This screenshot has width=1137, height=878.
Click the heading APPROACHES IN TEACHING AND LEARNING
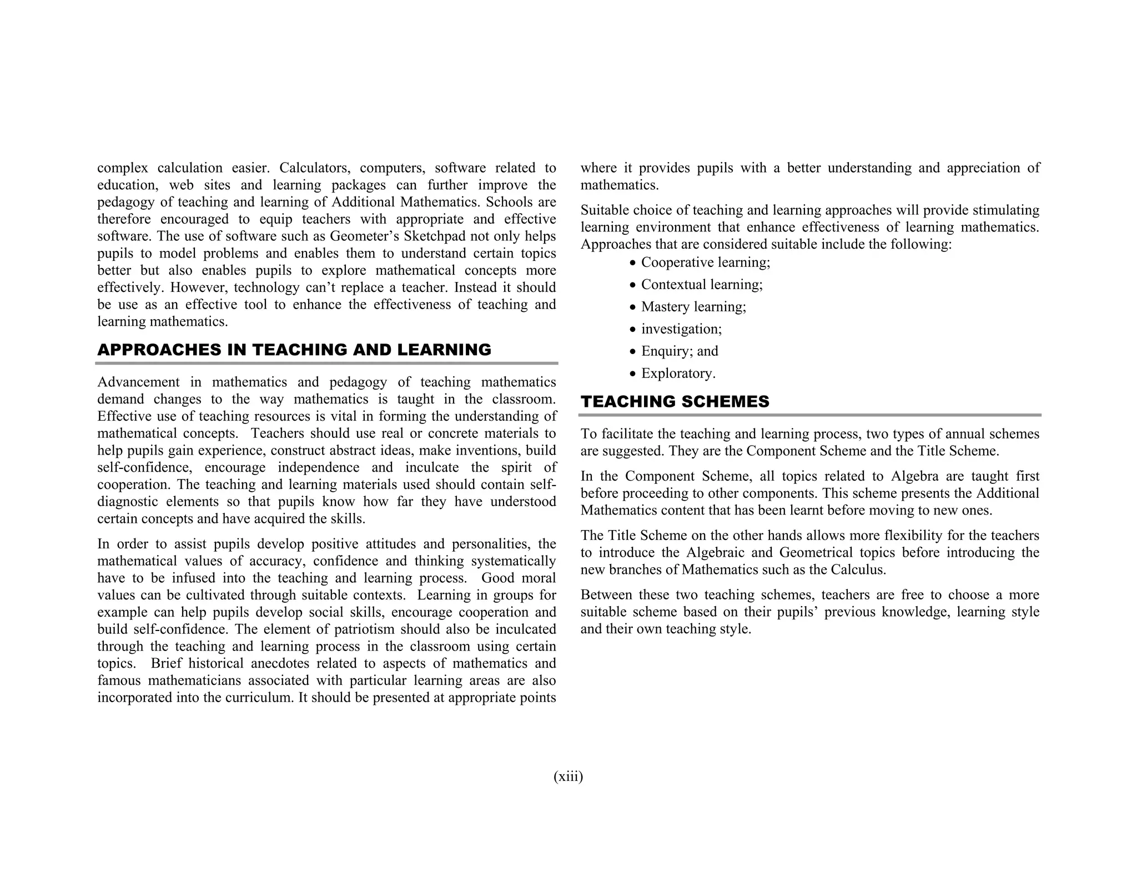pos(294,350)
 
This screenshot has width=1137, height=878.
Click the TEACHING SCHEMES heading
pos(675,401)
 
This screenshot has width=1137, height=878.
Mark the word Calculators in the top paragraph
pos(313,168)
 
